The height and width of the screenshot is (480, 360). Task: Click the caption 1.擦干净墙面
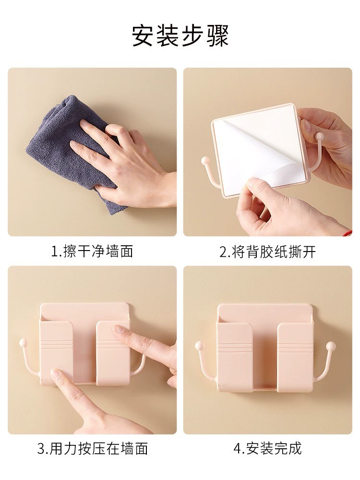[92, 252]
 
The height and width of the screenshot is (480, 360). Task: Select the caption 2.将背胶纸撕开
[267, 252]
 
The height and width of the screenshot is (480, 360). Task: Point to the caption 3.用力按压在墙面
[93, 449]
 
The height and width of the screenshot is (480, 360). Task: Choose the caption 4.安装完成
[267, 449]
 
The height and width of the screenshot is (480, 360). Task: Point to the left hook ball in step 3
[23, 342]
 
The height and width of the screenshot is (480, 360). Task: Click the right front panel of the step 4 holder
[295, 358]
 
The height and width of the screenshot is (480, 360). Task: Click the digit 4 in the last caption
[238, 449]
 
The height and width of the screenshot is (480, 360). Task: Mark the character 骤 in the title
[218, 36]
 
